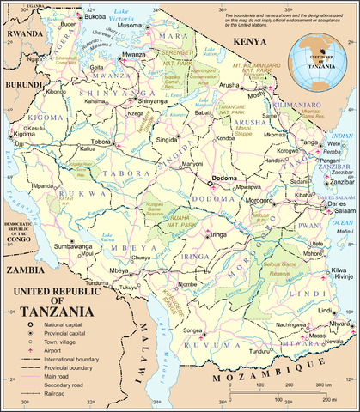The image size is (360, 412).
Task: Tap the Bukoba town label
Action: click(x=93, y=16)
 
